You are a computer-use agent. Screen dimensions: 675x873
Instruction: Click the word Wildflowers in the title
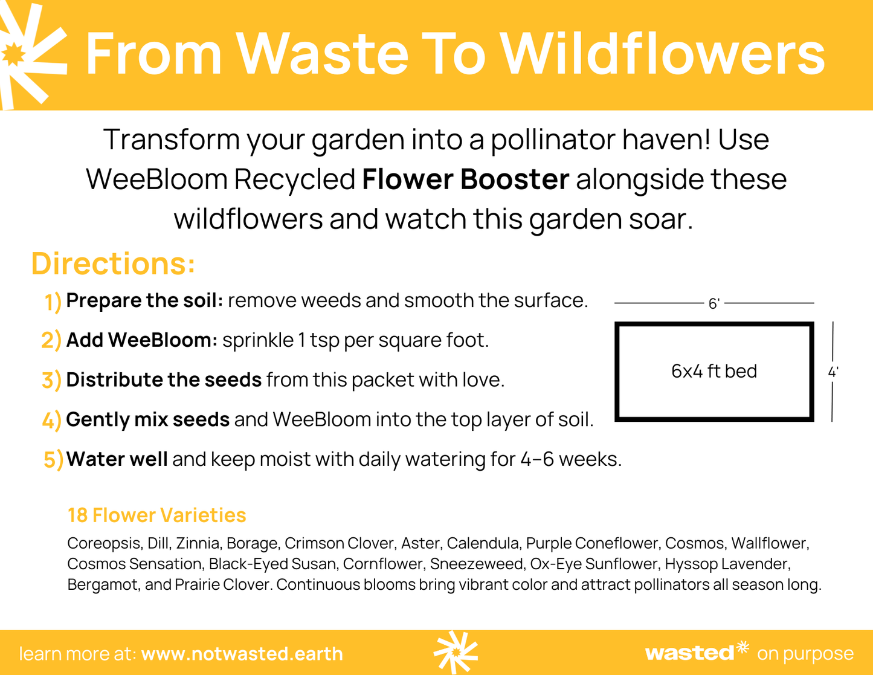pos(663,54)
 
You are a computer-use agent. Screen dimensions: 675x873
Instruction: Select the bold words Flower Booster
pos(465,179)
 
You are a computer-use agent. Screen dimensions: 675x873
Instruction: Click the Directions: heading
pos(113,264)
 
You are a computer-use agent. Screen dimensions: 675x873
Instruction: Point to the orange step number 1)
pos(53,302)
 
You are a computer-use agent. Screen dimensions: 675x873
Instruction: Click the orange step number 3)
pos(51,381)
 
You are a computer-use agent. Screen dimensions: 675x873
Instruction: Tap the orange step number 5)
pos(53,460)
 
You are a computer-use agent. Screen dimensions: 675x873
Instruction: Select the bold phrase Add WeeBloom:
pos(141,340)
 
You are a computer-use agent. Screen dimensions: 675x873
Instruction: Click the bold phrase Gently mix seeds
pos(147,419)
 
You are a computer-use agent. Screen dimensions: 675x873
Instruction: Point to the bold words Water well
pos(117,459)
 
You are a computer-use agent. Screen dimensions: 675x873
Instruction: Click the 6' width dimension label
pos(714,303)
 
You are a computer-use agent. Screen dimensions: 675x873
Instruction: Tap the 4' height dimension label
pos(833,372)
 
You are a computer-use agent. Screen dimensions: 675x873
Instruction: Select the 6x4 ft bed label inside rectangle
pos(714,371)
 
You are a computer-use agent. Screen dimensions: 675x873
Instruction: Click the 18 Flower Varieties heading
pos(156,515)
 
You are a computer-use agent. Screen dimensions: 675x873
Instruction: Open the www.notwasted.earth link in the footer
pos(242,654)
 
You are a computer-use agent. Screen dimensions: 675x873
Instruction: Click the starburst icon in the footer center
pos(456,652)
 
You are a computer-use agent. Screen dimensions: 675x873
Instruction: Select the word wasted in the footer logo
pos(689,653)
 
